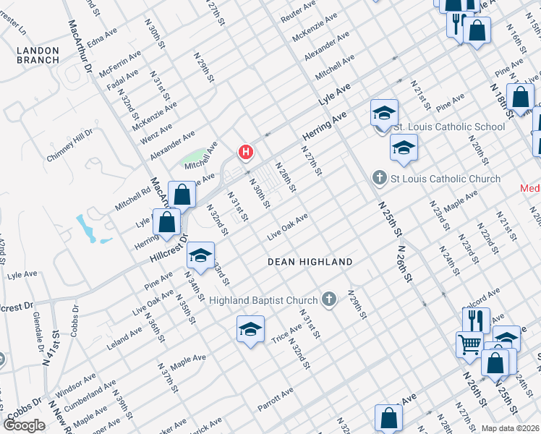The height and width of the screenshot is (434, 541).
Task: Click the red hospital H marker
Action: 246,152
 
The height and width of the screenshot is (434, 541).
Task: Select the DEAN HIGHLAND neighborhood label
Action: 310,262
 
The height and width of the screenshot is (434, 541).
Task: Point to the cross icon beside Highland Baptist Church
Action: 329,299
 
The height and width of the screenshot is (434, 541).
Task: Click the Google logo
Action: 25,425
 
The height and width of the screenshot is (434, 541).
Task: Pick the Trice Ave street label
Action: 286,333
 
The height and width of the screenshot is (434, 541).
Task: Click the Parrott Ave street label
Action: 275,399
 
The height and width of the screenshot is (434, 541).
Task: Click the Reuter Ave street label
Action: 299,11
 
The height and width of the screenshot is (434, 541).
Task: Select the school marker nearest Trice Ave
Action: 250,330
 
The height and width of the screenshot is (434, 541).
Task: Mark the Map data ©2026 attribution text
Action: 511,428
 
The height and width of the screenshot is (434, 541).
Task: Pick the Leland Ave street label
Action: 126,336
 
